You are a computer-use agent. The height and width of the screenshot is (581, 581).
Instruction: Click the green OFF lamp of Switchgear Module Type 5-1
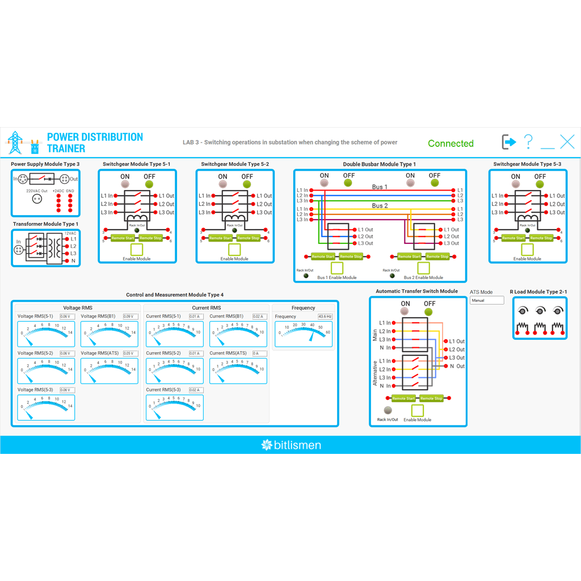click(x=149, y=184)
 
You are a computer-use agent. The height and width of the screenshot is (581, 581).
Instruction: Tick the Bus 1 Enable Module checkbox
click(x=337, y=268)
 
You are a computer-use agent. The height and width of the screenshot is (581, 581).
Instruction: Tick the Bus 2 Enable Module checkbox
click(x=423, y=268)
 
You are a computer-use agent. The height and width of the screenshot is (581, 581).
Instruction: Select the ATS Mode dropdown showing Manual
click(x=486, y=300)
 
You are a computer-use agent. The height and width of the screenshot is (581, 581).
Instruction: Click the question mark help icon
click(x=528, y=142)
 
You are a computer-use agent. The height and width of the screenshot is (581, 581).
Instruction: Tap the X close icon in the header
click(x=567, y=142)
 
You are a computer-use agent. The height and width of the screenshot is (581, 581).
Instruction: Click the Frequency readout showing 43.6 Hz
click(x=325, y=316)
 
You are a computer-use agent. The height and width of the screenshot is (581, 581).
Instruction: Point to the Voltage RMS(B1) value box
click(x=130, y=316)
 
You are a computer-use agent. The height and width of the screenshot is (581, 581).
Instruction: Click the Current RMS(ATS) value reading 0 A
click(x=259, y=353)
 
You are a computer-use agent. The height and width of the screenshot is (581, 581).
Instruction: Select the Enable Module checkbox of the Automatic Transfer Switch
click(x=418, y=411)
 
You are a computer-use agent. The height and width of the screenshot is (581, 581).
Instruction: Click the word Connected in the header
click(x=451, y=144)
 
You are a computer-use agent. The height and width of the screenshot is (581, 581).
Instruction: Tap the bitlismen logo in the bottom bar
click(x=290, y=445)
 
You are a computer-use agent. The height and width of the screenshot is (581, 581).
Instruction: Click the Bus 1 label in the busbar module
click(x=380, y=187)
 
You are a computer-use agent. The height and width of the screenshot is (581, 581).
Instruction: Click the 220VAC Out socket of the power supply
click(x=37, y=199)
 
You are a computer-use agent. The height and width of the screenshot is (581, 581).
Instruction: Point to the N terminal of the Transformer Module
click(x=66, y=261)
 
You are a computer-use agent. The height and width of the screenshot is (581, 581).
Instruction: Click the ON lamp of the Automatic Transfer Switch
click(x=405, y=311)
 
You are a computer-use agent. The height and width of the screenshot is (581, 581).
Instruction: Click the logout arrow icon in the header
click(x=508, y=142)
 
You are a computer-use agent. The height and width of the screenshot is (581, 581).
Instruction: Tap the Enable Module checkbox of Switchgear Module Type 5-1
click(x=137, y=250)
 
